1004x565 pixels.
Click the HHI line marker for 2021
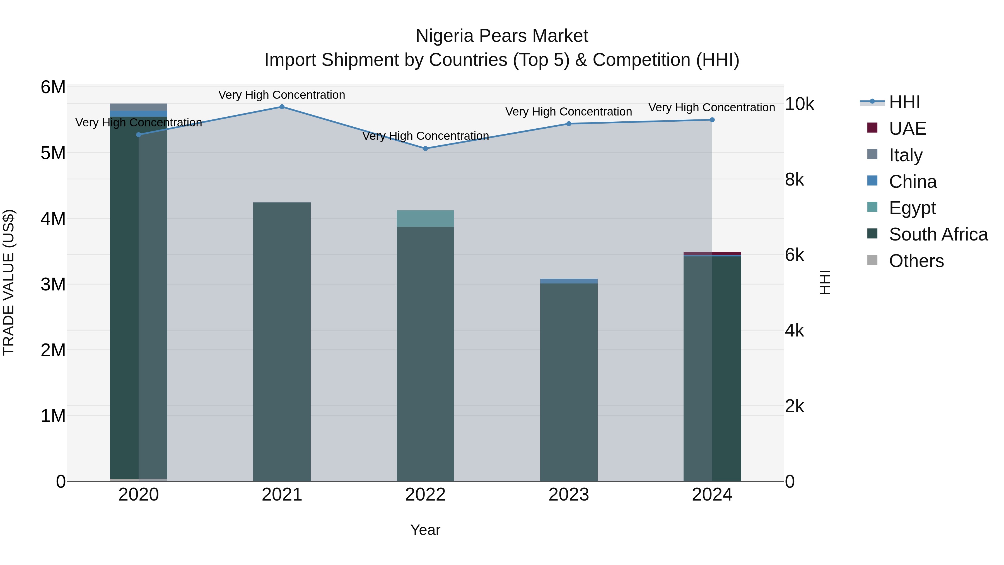point(282,107)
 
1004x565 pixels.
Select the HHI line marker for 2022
point(425,148)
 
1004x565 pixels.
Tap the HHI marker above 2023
point(569,124)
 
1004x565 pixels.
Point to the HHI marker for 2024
point(712,120)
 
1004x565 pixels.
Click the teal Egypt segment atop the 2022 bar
point(425,219)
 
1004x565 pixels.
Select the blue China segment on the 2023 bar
point(569,281)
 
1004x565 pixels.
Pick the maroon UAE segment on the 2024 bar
point(712,253)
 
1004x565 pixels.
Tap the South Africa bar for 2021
point(282,343)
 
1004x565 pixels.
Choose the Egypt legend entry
point(912,208)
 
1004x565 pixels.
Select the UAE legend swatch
point(872,128)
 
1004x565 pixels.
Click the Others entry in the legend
point(916,261)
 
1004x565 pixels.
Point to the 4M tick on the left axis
point(53,219)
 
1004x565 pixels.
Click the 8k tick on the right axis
point(794,180)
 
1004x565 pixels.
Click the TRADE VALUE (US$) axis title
point(9,283)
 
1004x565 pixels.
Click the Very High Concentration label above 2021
point(282,95)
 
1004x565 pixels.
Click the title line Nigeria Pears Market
point(502,36)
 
